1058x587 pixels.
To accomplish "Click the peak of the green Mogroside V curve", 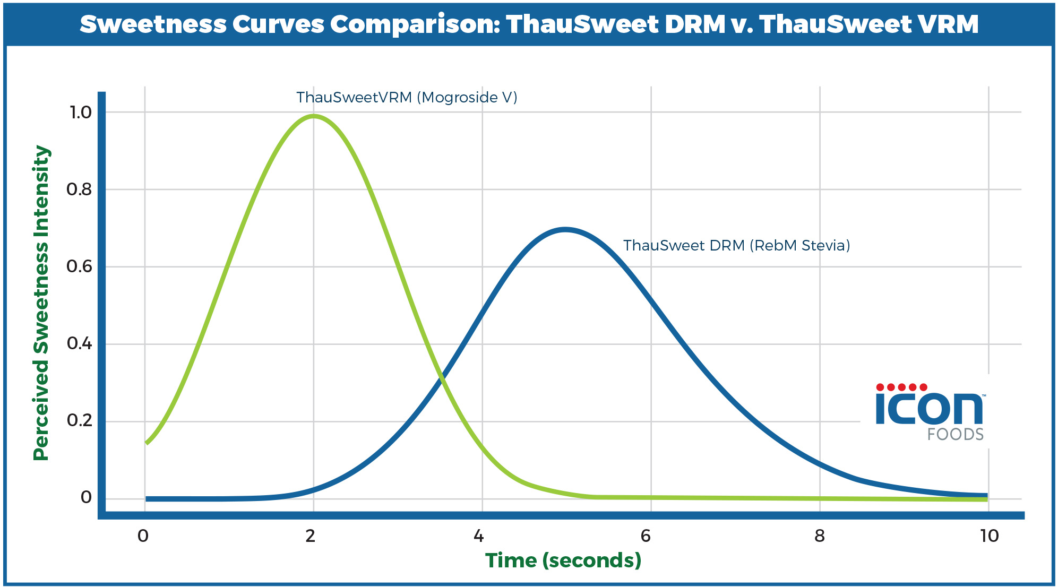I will point(314,116).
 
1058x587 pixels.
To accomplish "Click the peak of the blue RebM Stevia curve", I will point(565,229).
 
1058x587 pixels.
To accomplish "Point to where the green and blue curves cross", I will point(441,377).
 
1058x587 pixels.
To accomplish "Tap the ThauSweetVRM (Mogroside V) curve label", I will point(407,98).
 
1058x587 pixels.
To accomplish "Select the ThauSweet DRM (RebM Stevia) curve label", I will point(736,246).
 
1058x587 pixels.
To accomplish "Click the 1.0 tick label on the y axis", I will point(81,113).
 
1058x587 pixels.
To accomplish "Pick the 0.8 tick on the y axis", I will point(79,189).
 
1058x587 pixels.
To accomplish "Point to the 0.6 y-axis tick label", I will point(79,266).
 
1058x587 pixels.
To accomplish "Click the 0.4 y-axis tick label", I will point(79,344).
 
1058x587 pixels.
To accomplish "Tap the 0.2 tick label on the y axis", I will point(79,421).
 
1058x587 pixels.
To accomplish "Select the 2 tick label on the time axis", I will point(311,536).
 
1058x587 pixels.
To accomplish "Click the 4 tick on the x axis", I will point(479,536).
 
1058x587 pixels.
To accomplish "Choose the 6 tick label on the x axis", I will point(646,536).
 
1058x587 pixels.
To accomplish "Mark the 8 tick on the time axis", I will point(820,536).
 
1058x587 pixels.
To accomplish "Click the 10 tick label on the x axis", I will point(990,536).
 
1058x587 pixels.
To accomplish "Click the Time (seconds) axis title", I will point(563,560).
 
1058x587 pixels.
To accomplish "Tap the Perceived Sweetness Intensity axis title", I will point(41,304).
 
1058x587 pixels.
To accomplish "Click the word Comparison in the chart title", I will point(415,24).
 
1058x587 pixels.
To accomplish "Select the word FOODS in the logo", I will point(955,435).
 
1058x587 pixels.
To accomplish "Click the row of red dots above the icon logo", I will point(901,387).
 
